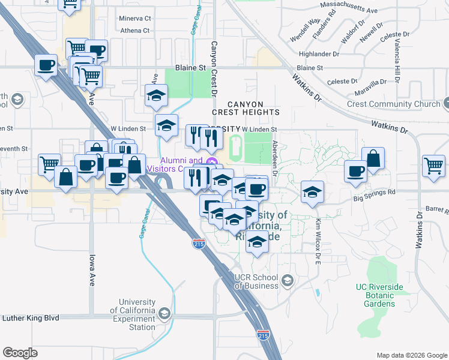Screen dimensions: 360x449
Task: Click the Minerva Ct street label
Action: point(135,19)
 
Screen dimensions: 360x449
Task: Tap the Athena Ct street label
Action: point(134,31)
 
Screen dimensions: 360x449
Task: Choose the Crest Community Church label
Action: point(394,104)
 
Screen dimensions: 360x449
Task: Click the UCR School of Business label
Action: point(256,281)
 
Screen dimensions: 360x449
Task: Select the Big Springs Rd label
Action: point(375,193)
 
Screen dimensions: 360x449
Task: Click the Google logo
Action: point(20,353)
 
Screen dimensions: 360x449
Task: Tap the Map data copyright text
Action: point(411,355)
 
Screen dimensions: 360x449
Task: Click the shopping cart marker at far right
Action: point(433,166)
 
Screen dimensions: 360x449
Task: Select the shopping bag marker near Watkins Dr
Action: point(373,159)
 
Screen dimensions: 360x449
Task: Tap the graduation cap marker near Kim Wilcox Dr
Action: point(312,193)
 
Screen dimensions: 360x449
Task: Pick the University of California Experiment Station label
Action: point(137,314)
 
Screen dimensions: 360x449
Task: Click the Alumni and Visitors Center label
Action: point(181,164)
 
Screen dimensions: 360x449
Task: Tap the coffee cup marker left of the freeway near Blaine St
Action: point(46,65)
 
